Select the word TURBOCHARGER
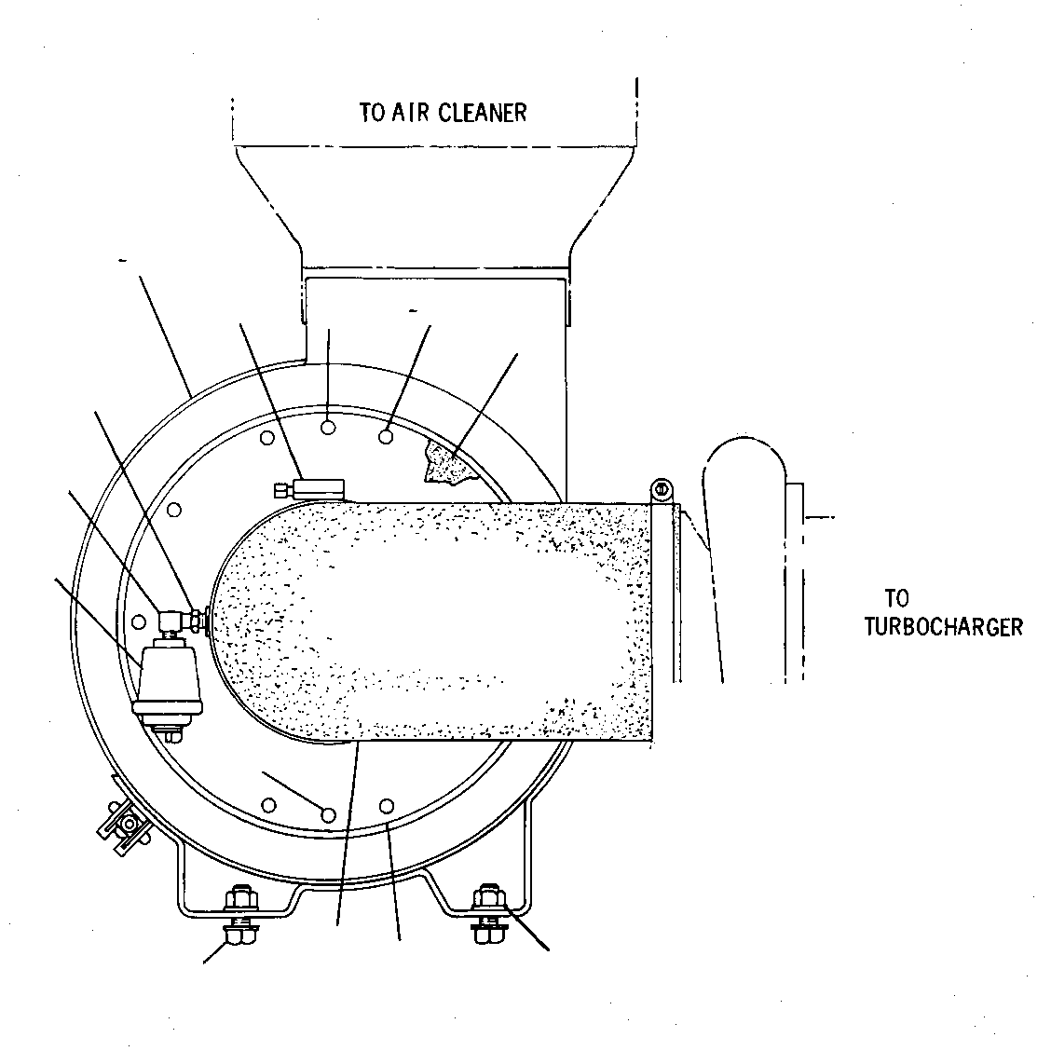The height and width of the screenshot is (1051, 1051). [x=943, y=627]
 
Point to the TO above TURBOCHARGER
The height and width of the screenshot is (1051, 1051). [x=897, y=598]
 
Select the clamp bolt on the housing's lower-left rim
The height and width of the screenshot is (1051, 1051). [x=125, y=824]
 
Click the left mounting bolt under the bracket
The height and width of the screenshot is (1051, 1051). [x=240, y=915]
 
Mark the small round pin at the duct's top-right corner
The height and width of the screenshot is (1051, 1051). [x=662, y=488]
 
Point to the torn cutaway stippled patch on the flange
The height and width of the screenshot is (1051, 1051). [x=448, y=463]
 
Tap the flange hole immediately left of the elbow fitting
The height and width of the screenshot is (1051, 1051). [x=139, y=621]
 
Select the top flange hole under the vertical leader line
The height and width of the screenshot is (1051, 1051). [x=328, y=427]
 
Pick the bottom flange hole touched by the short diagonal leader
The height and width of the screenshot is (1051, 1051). [x=328, y=814]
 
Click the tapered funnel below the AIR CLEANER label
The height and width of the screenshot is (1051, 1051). [x=436, y=207]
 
